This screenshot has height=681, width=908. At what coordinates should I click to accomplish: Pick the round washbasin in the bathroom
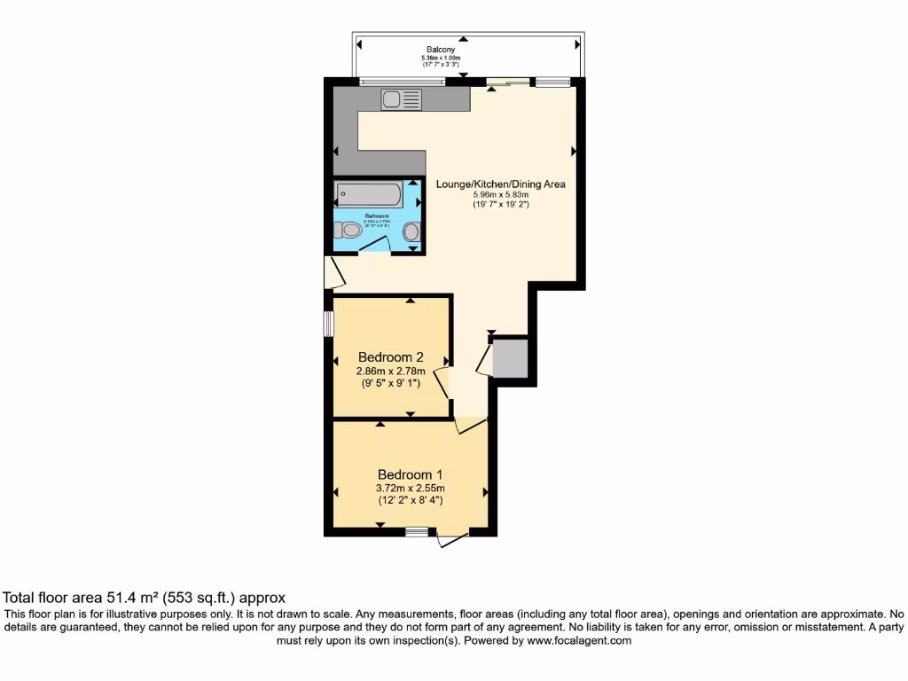coord(411,232)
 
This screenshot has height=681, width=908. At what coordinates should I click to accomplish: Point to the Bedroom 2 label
coord(391,357)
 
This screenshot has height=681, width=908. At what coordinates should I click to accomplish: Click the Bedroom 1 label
coord(410,474)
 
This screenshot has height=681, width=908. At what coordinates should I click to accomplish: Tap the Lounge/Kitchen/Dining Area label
coord(500,184)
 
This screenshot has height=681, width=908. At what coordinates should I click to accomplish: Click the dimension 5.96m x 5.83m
coord(500,195)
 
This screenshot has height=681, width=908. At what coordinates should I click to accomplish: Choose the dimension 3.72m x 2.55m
coord(410,488)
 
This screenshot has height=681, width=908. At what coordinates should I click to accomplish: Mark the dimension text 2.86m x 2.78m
coord(391,372)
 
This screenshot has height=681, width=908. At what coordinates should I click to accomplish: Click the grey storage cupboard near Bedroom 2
coord(510,357)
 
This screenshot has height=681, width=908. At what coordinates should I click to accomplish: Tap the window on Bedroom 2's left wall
coord(328,324)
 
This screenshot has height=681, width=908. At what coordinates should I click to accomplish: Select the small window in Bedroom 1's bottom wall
coord(416,532)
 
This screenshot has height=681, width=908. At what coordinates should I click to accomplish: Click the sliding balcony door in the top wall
coord(503,83)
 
